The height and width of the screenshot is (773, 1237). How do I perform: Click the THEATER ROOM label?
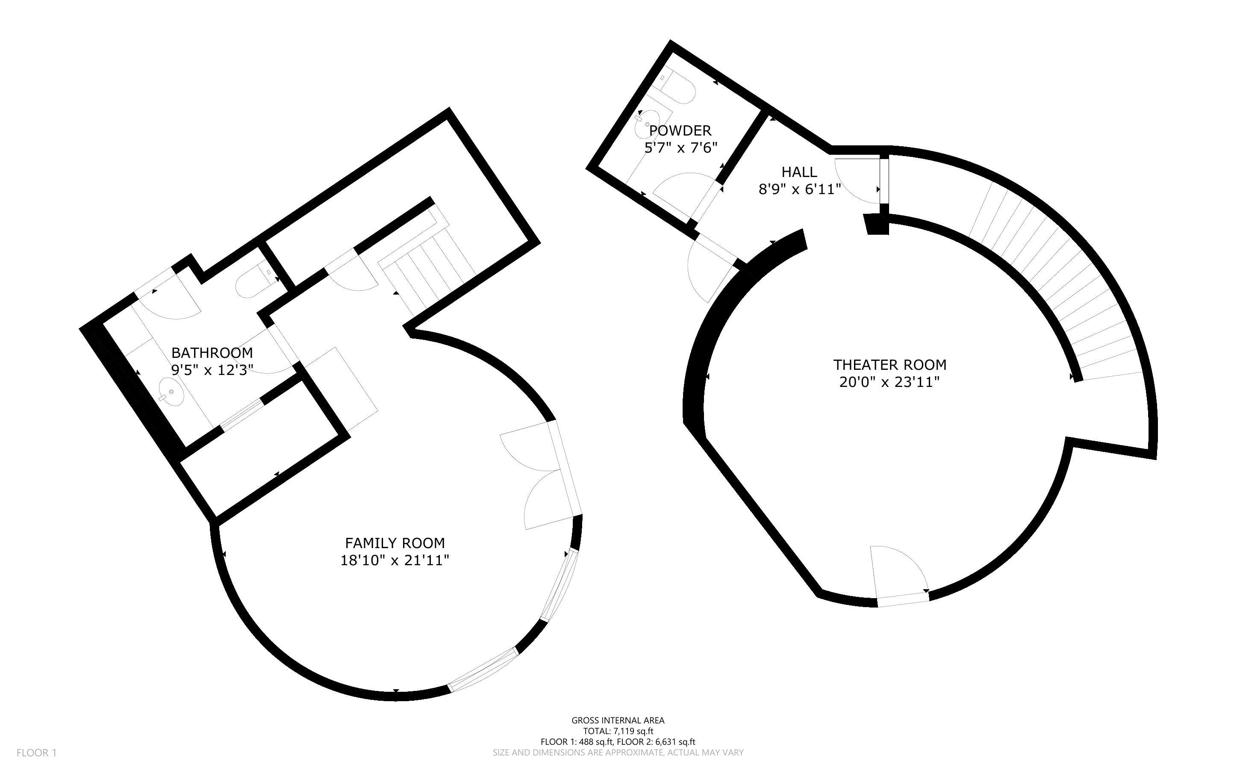pyautogui.click(x=889, y=365)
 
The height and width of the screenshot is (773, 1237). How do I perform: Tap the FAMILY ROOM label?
pyautogui.click(x=395, y=543)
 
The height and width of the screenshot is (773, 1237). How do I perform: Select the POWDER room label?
pyautogui.click(x=680, y=130)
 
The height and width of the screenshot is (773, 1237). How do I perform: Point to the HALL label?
pyautogui.click(x=799, y=172)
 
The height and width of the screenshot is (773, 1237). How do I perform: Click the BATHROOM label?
pyautogui.click(x=212, y=352)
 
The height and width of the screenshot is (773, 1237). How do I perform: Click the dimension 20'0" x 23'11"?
pyautogui.click(x=889, y=382)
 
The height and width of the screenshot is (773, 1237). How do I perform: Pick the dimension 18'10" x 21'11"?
pyautogui.click(x=395, y=561)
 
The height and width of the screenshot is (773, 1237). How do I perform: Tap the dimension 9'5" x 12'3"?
pyautogui.click(x=212, y=370)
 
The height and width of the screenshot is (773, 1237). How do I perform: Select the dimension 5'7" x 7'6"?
pyautogui.click(x=680, y=148)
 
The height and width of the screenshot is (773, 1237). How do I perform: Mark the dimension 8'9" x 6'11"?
pyautogui.click(x=800, y=189)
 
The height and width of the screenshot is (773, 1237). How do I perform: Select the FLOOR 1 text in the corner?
pyautogui.click(x=36, y=752)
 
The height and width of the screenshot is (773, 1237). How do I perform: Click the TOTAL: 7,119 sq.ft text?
pyautogui.click(x=618, y=731)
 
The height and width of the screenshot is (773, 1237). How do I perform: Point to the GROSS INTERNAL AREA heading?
pyautogui.click(x=618, y=720)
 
